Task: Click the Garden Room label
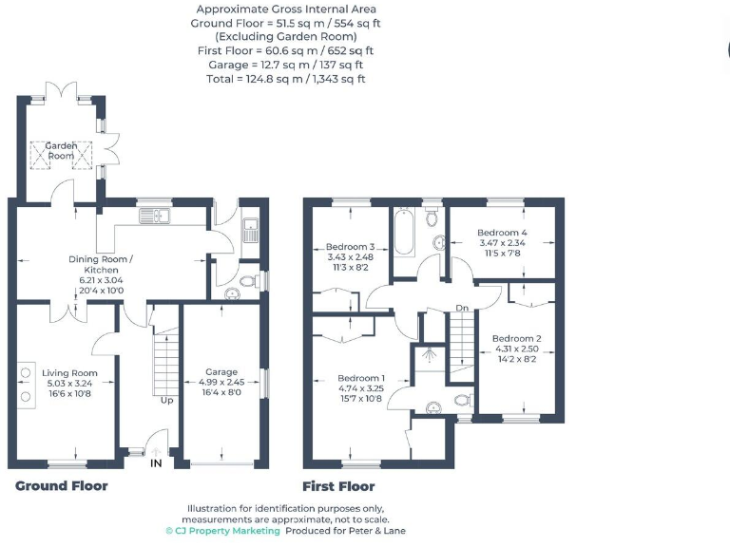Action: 62,150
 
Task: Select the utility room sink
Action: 251,230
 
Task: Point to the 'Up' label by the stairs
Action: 166,400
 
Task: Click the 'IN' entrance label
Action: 156,462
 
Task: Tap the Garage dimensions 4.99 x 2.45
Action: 221,382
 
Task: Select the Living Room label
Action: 70,373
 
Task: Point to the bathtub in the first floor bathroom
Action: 404,233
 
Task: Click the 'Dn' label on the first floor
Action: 463,308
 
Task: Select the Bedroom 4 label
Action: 502,233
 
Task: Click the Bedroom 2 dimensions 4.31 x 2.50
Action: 517,349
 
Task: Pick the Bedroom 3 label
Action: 351,247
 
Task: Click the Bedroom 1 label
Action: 361,378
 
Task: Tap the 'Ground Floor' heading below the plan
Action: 62,486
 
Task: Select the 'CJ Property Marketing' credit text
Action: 223,531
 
